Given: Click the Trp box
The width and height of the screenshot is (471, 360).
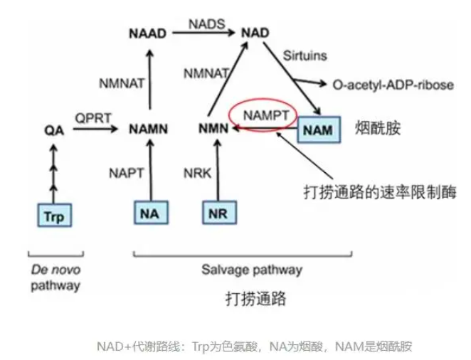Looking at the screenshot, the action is click(x=55, y=216).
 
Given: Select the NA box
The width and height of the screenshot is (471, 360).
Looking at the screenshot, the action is click(x=151, y=213).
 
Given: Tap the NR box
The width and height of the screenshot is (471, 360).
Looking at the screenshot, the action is click(x=220, y=213).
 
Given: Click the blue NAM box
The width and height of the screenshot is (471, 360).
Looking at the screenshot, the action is click(x=319, y=129).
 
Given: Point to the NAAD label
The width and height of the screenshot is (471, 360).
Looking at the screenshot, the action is click(x=147, y=33).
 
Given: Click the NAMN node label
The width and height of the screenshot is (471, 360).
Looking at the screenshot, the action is click(x=149, y=129).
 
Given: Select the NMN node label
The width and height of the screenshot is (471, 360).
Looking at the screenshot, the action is click(x=213, y=129).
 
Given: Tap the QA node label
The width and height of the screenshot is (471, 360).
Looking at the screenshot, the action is click(x=54, y=130).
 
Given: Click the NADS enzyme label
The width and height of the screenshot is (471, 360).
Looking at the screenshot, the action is click(x=206, y=24).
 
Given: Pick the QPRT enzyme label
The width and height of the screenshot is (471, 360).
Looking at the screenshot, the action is click(x=93, y=118).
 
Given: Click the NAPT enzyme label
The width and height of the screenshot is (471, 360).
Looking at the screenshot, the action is click(x=127, y=174).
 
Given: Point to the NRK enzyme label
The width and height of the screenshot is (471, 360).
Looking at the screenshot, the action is click(x=197, y=174).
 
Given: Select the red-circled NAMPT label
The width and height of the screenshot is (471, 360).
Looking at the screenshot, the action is click(x=266, y=115).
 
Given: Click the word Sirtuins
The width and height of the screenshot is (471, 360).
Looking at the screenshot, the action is click(x=305, y=55).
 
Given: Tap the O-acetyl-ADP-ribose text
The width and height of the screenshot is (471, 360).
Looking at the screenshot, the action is click(x=393, y=85).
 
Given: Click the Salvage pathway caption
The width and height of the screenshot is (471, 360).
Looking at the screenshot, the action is click(x=252, y=270).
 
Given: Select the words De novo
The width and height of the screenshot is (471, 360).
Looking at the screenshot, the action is click(x=56, y=270).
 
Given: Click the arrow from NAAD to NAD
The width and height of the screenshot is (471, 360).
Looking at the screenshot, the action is click(x=203, y=33).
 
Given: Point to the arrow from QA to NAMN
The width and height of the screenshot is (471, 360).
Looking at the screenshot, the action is click(x=95, y=129).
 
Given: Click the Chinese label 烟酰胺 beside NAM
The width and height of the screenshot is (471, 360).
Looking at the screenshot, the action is click(x=378, y=128).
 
